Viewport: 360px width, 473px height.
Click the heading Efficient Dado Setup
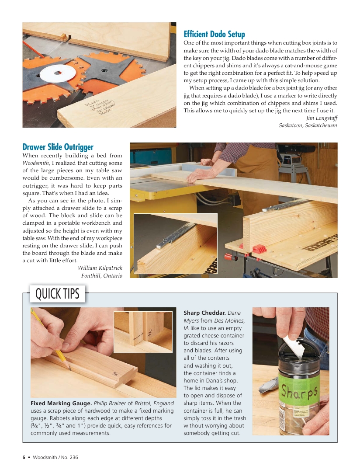(x=214, y=34)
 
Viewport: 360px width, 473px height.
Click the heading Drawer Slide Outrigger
(x=58, y=147)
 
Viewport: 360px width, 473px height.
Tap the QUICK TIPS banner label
(x=57, y=294)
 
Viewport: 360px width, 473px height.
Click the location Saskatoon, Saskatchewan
(x=308, y=125)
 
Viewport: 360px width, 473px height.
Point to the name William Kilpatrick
(x=100, y=268)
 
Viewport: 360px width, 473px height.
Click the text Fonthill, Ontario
(x=101, y=275)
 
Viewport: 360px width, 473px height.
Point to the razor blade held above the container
(x=294, y=345)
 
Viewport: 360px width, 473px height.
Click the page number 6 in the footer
(x=24, y=457)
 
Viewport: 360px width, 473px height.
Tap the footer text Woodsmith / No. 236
(x=55, y=457)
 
